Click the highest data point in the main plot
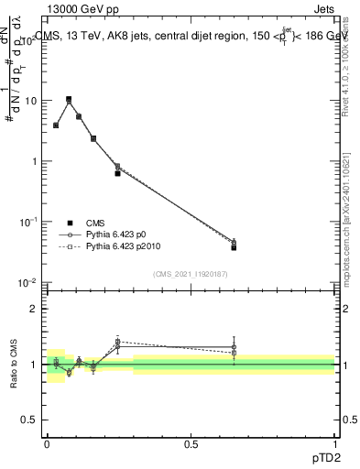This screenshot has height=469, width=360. [x=69, y=99]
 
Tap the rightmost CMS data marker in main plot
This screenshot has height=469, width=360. [x=234, y=247]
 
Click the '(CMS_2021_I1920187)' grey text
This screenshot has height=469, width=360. [x=191, y=273]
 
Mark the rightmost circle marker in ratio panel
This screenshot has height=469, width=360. [x=234, y=347]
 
